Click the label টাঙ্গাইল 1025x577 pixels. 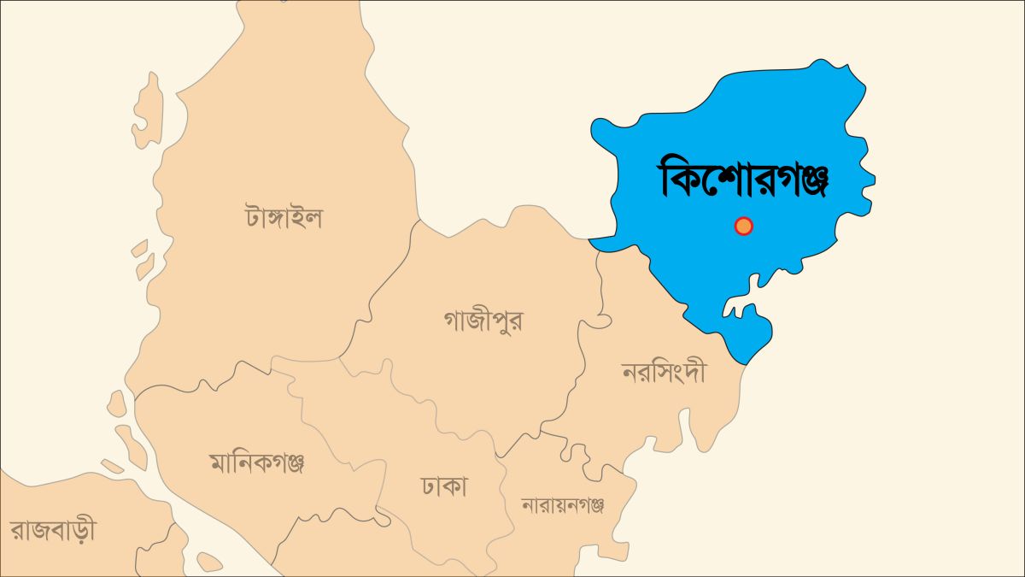283,217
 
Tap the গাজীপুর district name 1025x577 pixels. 483,321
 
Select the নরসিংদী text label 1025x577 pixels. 664,374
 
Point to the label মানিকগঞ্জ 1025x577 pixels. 256,463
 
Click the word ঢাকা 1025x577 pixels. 443,487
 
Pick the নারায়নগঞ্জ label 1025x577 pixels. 563,505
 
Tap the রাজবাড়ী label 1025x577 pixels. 53,529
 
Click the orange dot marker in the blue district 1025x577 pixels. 743,226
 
